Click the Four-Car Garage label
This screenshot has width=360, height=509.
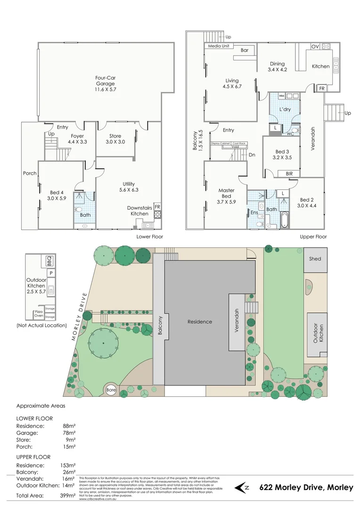(106, 83)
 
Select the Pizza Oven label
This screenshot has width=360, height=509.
(38, 314)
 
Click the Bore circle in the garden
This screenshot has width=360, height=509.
(111, 390)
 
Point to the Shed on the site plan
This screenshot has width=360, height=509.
(315, 259)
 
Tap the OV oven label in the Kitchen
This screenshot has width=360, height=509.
(314, 46)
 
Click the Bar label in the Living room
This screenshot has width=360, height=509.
(245, 50)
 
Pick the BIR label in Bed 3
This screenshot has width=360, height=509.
(289, 173)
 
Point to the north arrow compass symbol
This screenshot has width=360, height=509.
(242, 487)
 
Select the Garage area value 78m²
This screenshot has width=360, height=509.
(69, 432)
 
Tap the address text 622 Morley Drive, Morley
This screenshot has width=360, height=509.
(306, 487)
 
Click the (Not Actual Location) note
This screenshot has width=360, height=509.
(41, 325)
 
